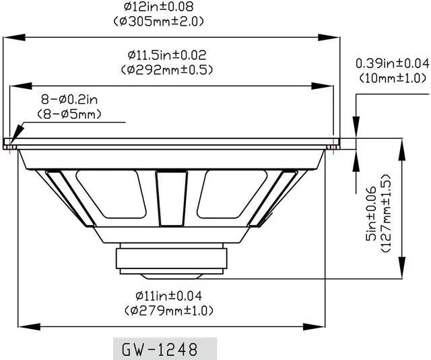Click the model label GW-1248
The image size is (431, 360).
click(x=160, y=349)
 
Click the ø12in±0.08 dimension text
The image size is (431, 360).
click(x=159, y=7)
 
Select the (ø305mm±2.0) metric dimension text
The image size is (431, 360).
click(x=159, y=21)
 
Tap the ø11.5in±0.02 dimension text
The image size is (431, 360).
click(x=167, y=55)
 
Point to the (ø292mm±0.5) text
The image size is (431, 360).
click(x=167, y=70)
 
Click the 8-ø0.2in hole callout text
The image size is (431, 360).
click(x=69, y=100)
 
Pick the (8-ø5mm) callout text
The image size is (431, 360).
click(x=69, y=114)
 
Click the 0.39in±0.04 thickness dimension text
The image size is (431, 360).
click(x=392, y=63)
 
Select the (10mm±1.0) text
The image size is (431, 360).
click(x=393, y=78)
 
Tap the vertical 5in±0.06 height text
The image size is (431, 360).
click(x=371, y=214)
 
